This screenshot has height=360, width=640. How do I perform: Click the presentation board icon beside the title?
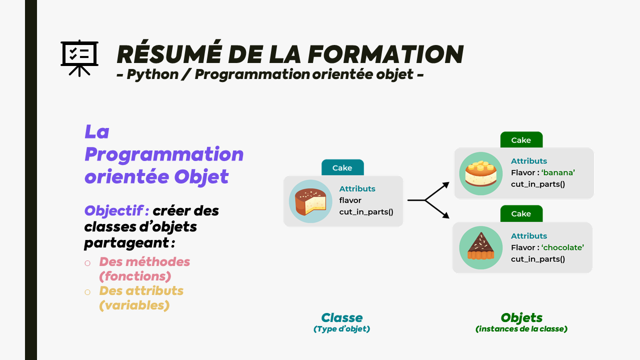point(79,58)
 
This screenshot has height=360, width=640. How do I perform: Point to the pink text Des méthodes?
point(144,261)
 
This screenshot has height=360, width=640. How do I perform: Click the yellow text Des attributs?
point(141,290)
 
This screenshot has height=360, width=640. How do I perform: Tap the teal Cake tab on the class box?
point(342,168)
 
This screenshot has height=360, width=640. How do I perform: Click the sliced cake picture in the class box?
point(310,201)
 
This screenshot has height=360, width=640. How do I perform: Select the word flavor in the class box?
point(350,200)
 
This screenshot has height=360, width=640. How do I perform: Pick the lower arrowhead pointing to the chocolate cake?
point(445,215)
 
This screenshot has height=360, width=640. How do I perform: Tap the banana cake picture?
point(480,173)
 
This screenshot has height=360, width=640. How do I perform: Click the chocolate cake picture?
point(480,247)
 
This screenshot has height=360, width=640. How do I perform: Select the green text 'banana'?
point(558,173)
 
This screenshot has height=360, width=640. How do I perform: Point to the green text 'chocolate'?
point(562,247)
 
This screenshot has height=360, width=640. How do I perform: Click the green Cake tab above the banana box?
point(521,140)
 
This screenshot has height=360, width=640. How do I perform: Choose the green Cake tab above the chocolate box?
point(521,213)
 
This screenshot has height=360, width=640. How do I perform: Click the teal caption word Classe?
point(342,317)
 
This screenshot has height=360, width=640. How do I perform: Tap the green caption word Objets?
point(521,317)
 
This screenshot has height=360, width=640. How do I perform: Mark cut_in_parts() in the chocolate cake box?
point(537,259)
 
